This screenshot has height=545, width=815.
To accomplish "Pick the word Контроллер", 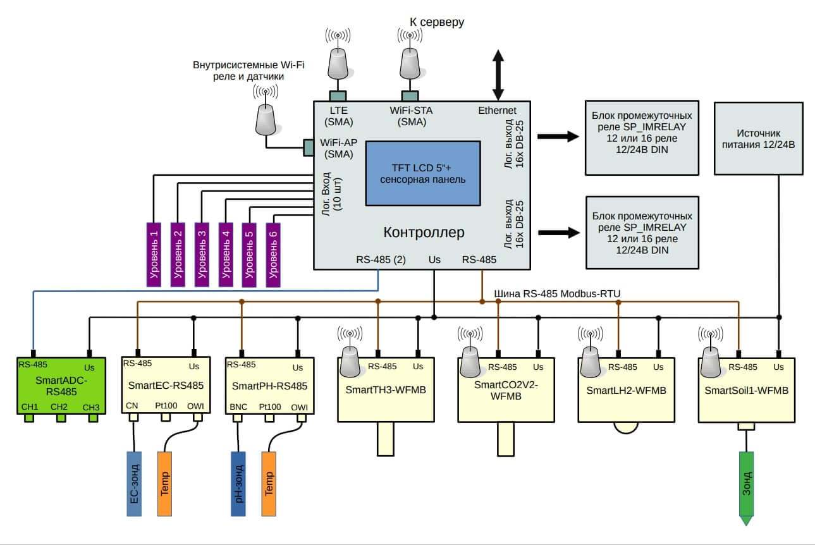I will (424, 233).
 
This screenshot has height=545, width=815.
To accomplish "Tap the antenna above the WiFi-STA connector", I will (409, 61).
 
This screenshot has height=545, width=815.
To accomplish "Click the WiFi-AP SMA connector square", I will (309, 147).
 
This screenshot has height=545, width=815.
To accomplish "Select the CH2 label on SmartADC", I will (59, 406).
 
